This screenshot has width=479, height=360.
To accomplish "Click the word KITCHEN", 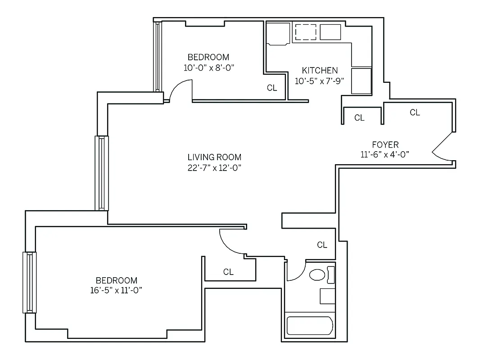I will click(320, 71).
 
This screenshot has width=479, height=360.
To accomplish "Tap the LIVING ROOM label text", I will click(214, 157).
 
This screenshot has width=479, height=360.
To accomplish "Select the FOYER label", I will click(385, 144).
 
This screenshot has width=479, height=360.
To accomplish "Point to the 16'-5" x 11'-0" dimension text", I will click(116, 291).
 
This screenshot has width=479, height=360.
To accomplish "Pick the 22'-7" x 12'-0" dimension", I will click(214, 168).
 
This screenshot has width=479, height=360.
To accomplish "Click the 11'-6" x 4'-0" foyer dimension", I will click(385, 154).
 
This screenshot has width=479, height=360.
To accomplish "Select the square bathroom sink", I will click(327, 296).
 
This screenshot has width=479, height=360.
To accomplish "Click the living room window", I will click(101, 173).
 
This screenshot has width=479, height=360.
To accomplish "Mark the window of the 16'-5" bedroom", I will click(29, 282).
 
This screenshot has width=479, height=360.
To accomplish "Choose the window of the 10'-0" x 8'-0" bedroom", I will click(158, 56).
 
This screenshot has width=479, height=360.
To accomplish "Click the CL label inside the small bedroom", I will click(272, 88).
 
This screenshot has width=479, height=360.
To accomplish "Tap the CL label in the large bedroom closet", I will click(229, 272).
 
